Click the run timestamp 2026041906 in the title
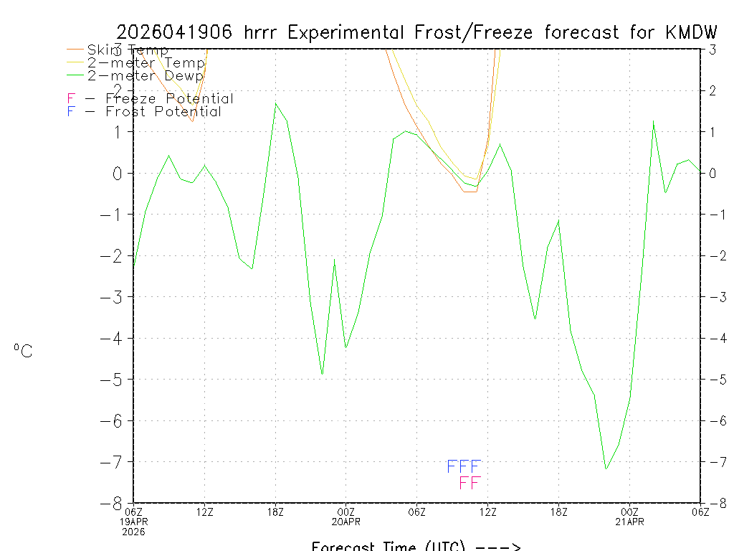pos(176,32)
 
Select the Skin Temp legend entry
pos(128,50)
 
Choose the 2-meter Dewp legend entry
pos(145,75)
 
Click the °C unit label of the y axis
pos(23,352)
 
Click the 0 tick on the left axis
pos(118,173)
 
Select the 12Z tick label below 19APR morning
pos(205,512)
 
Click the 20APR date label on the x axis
pos(346,522)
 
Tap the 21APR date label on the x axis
pos(630,522)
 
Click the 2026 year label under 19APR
pos(133,532)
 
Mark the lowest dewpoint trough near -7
pos(606,469)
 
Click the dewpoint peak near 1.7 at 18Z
pos(276,103)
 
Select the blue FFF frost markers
pos(464,467)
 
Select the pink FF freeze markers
pos(470,483)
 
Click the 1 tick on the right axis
pos(712,132)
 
